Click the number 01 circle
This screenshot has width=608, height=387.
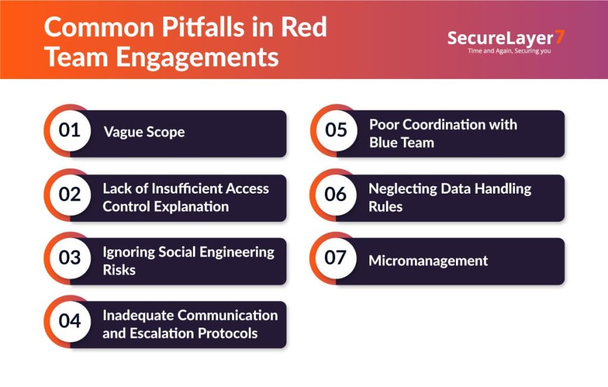click(70, 131)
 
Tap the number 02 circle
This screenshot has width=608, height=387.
click(70, 195)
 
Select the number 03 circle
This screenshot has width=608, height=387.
click(70, 258)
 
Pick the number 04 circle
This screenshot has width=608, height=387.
click(70, 322)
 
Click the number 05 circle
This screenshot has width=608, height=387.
click(336, 131)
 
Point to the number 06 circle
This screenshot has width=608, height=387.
click(336, 195)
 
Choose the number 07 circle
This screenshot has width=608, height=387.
click(336, 258)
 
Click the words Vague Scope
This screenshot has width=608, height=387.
click(144, 132)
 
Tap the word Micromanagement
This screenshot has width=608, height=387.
click(428, 261)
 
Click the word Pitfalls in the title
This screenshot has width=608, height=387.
click(203, 27)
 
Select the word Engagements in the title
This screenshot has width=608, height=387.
click(197, 57)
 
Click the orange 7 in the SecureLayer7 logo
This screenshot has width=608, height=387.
click(559, 37)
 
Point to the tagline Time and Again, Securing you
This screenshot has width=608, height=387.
click(509, 51)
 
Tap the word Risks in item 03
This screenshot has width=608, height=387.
click(119, 270)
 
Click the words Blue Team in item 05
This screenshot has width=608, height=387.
click(402, 142)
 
